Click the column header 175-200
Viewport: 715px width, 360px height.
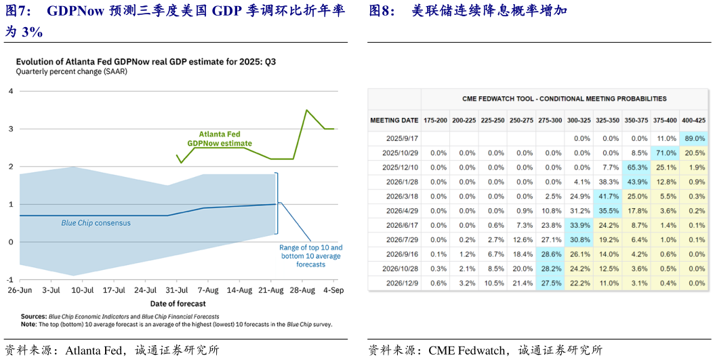pyautogui.click(x=434, y=120)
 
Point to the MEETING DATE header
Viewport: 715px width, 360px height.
pyautogui.click(x=394, y=120)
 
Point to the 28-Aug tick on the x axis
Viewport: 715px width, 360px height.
pyautogui.click(x=302, y=290)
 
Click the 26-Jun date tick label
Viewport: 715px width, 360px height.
pyautogui.click(x=19, y=290)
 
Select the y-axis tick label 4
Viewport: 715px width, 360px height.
pyautogui.click(x=10, y=91)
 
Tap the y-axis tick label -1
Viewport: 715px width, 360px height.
pyautogui.click(x=9, y=280)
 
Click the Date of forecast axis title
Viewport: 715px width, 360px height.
pyautogui.click(x=178, y=303)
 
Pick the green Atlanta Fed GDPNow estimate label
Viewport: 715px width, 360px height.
pyautogui.click(x=220, y=139)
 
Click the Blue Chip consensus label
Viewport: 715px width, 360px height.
pyautogui.click(x=96, y=223)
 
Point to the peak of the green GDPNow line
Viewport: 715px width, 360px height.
pyautogui.click(x=307, y=110)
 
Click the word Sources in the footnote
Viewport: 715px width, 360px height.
pyautogui.click(x=33, y=317)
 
